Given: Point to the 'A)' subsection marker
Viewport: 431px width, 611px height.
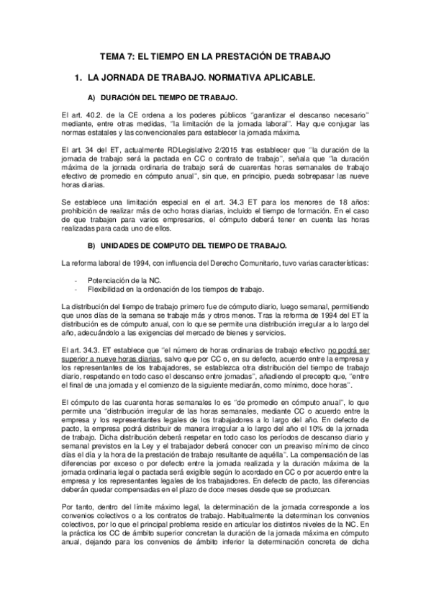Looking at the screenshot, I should pos(91,97).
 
